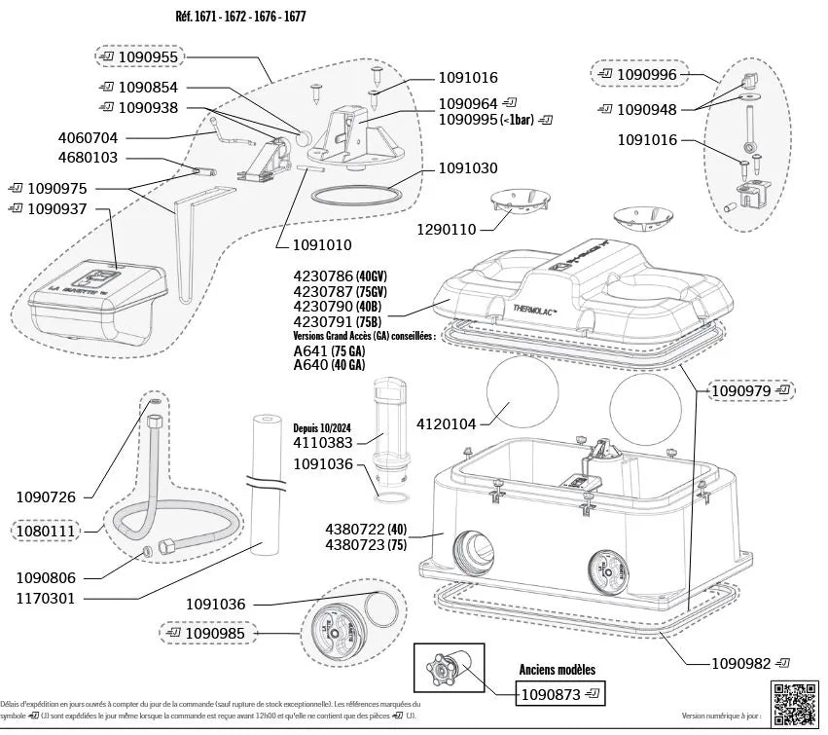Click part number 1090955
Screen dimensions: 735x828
pyautogui.click(x=148, y=57)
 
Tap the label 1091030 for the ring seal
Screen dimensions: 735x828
pyautogui.click(x=468, y=168)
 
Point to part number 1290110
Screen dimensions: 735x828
pyautogui.click(x=447, y=230)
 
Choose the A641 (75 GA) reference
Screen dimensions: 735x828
pyautogui.click(x=329, y=351)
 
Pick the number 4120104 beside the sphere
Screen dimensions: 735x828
pyautogui.click(x=447, y=424)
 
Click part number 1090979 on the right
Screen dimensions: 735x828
pyautogui.click(x=741, y=391)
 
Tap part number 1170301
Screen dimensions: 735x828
pyautogui.click(x=45, y=599)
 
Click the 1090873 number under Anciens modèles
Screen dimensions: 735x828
pyautogui.click(x=551, y=695)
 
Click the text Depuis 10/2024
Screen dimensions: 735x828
pyautogui.click(x=323, y=427)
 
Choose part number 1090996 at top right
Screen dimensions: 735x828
pyautogui.click(x=648, y=74)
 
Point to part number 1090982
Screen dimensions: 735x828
pyautogui.click(x=741, y=663)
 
